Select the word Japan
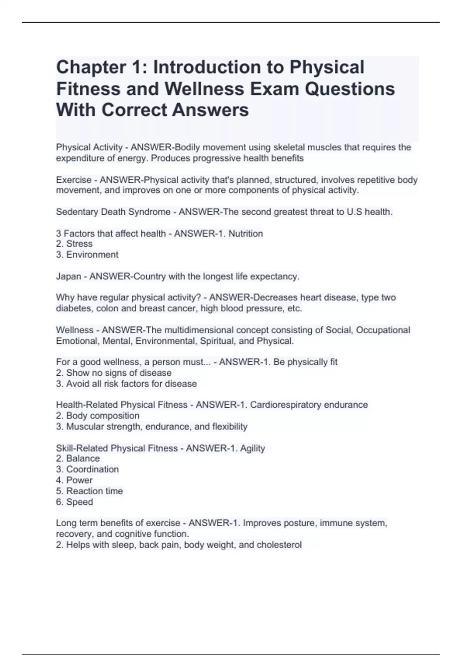(x=69, y=277)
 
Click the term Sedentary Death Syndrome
(x=113, y=212)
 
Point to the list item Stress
(x=79, y=244)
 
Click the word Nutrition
(x=246, y=233)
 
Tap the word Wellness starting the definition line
(x=75, y=330)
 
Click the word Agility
(x=253, y=448)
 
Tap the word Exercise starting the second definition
(x=74, y=180)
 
